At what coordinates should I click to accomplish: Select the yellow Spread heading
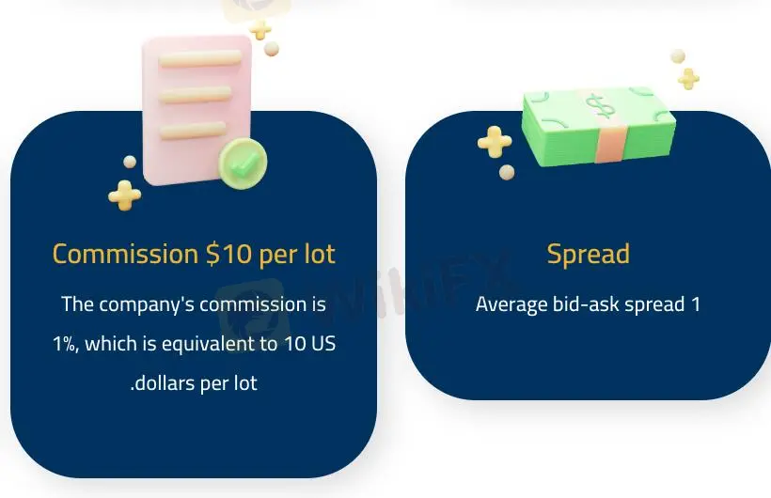click(588, 255)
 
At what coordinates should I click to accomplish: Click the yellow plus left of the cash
click(495, 142)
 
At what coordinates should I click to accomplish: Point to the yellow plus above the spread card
click(688, 78)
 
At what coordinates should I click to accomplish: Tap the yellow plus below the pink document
click(124, 195)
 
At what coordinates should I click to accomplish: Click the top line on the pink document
click(199, 58)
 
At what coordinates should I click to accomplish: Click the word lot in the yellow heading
click(318, 255)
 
